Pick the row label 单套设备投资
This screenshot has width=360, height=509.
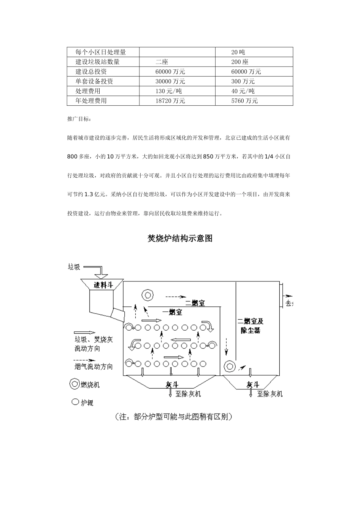94,81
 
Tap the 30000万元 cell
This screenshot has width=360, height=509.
170,81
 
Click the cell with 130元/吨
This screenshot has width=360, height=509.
169,91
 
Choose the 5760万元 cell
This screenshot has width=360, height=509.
244,101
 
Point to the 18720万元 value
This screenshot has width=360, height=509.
170,101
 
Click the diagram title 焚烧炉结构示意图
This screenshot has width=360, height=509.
180,238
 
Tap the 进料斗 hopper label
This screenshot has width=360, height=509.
103,285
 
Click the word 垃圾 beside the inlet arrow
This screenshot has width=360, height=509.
74,267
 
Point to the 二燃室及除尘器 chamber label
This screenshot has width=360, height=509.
250,326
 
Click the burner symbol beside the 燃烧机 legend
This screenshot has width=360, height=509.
75,384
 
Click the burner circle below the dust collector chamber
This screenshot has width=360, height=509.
229,366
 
